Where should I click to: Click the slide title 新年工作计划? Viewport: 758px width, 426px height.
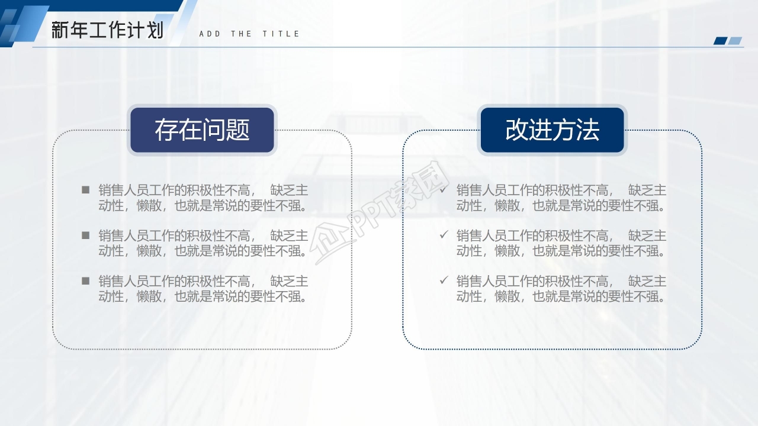coord(107,30)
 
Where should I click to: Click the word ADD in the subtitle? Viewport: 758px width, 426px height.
coord(210,34)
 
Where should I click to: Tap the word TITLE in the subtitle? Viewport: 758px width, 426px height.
coord(281,34)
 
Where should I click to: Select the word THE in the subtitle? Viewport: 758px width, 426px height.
coord(241,34)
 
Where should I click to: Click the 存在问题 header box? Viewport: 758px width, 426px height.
coord(202,130)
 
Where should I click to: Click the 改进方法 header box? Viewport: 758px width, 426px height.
coord(553,130)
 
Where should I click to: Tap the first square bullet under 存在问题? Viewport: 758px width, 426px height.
coord(86,190)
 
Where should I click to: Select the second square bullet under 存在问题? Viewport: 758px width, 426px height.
coord(86,235)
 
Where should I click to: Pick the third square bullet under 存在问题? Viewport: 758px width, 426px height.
coord(86,280)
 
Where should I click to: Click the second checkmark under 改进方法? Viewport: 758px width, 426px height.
coord(444,234)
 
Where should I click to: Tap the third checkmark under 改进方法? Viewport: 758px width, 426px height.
coord(444,280)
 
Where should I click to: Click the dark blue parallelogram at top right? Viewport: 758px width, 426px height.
coord(720,41)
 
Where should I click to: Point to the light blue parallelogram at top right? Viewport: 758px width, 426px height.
coord(735,41)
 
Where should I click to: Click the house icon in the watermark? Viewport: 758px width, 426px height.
coord(330,243)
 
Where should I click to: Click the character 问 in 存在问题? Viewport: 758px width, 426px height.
coord(214,130)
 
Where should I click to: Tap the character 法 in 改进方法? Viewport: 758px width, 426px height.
coord(588,130)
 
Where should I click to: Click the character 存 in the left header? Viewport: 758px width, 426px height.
coord(166,130)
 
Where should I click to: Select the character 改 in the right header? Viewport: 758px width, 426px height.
coord(517,130)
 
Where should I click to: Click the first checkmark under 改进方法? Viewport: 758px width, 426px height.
coord(444,189)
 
